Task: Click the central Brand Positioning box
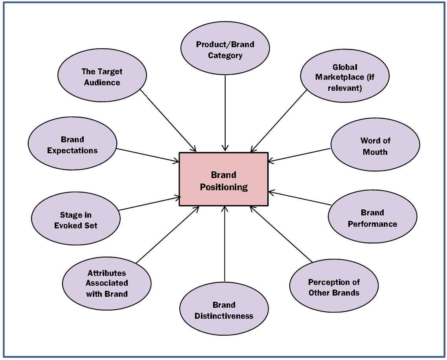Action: (x=223, y=179)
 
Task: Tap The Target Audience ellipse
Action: (x=102, y=75)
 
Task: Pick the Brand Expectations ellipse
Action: (x=72, y=143)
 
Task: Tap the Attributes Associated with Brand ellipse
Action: (x=107, y=283)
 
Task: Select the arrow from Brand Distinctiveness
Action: (x=224, y=244)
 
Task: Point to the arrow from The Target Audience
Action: (x=168, y=120)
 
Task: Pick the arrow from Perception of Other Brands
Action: (x=281, y=234)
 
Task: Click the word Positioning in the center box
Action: (x=224, y=187)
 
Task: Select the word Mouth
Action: (x=375, y=152)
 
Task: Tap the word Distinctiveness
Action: (x=224, y=316)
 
